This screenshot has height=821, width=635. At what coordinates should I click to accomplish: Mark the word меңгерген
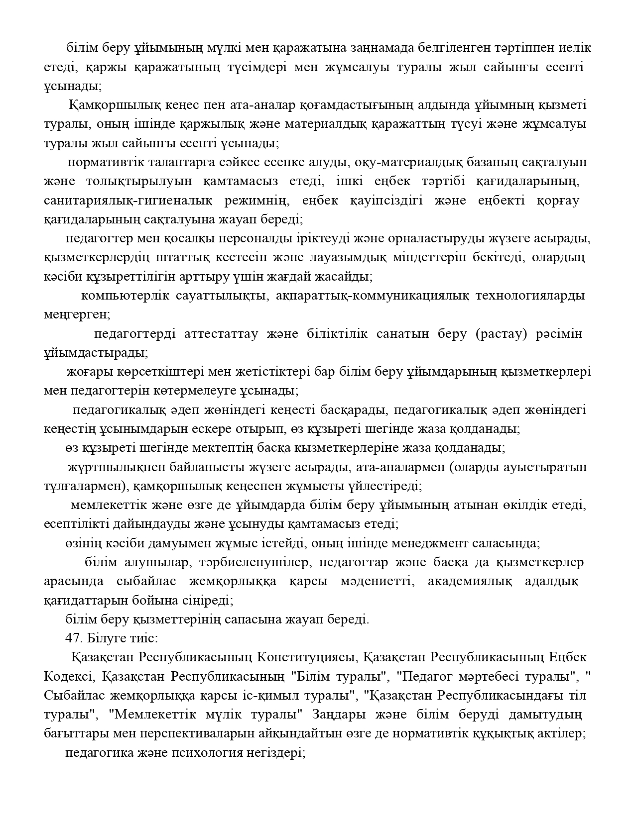point(77,315)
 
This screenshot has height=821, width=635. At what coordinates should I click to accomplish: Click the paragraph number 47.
point(74,638)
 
